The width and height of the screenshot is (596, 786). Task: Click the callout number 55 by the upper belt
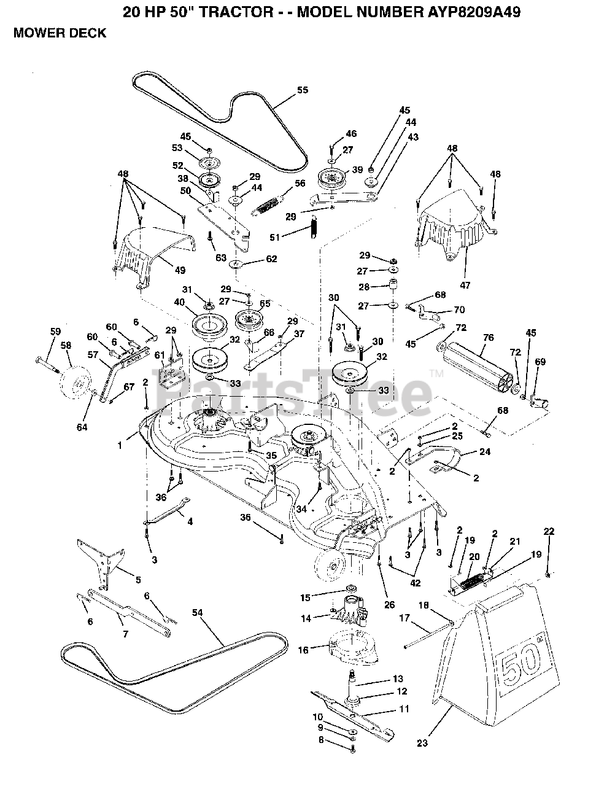[x=302, y=90]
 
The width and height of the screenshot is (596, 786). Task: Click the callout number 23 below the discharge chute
[x=422, y=743]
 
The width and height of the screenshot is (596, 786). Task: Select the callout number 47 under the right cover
[x=465, y=268]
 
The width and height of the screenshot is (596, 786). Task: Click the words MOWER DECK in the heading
[x=60, y=33]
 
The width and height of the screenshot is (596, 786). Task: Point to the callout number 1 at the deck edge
[x=120, y=445]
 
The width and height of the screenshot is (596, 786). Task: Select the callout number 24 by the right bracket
[x=485, y=453]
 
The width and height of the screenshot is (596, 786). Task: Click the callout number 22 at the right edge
[x=549, y=531]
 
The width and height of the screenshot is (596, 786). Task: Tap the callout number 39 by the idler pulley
[x=357, y=170]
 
